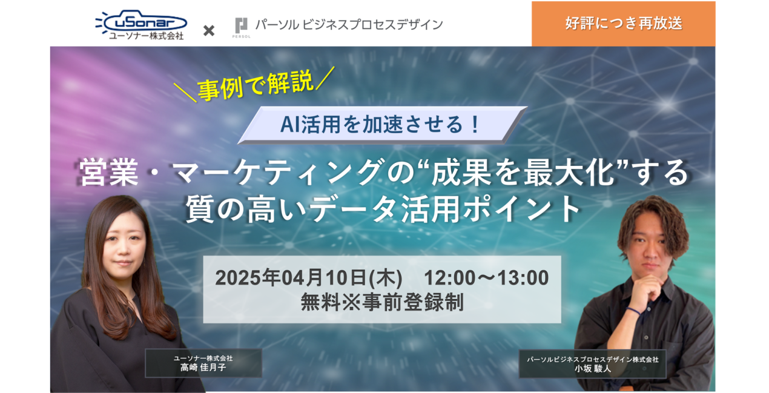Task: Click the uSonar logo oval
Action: coord(145,22)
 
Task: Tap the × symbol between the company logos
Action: coord(209,30)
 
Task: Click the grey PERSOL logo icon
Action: coord(241,26)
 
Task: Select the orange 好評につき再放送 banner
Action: coord(624,24)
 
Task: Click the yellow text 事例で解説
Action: coord(256,85)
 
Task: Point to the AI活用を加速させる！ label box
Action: coord(382,125)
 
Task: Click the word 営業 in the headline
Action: coord(108,173)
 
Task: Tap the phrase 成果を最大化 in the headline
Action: coord(523,172)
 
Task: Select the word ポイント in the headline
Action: coord(521,209)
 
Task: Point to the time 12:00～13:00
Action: coord(486,278)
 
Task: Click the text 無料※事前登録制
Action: coord(382,302)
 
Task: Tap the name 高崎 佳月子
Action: coord(203,368)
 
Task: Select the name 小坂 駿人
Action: coord(593,369)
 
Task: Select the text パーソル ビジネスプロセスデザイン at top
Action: coord(349,25)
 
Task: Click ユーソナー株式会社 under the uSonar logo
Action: coord(147,36)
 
